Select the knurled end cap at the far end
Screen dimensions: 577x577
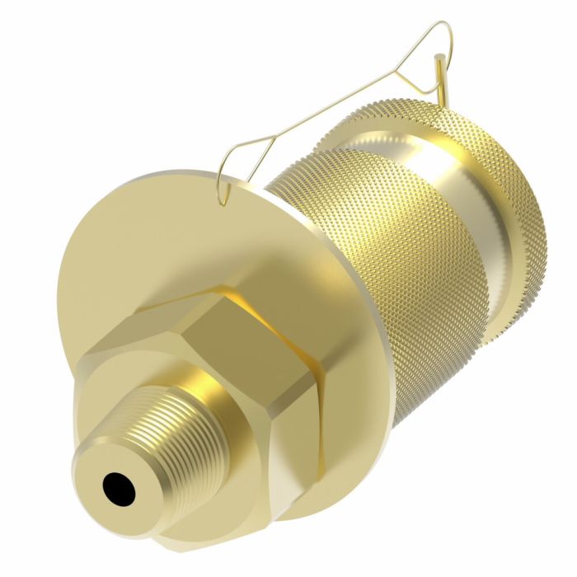pyautogui.click(x=503, y=206)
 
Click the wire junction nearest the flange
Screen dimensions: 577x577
pyautogui.click(x=247, y=145)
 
